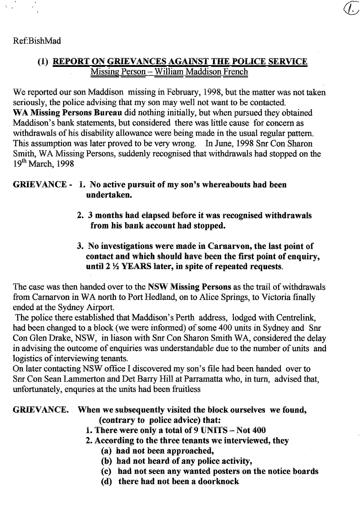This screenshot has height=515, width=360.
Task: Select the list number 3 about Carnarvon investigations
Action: click(x=80, y=246)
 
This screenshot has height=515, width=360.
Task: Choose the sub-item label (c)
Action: click(x=107, y=471)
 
